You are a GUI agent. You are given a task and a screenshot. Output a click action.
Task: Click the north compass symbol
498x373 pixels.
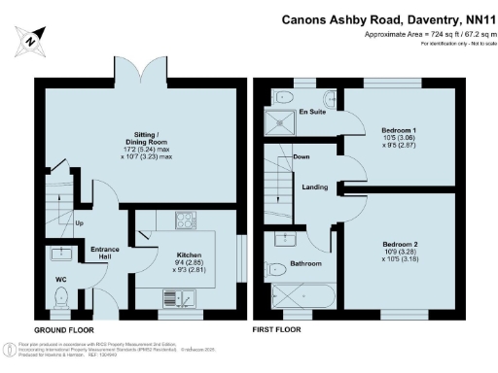click(31, 41)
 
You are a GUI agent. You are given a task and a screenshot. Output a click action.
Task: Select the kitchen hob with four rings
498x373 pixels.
click(185, 220)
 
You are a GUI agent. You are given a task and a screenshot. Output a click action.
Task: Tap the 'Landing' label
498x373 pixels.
click(314, 187)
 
